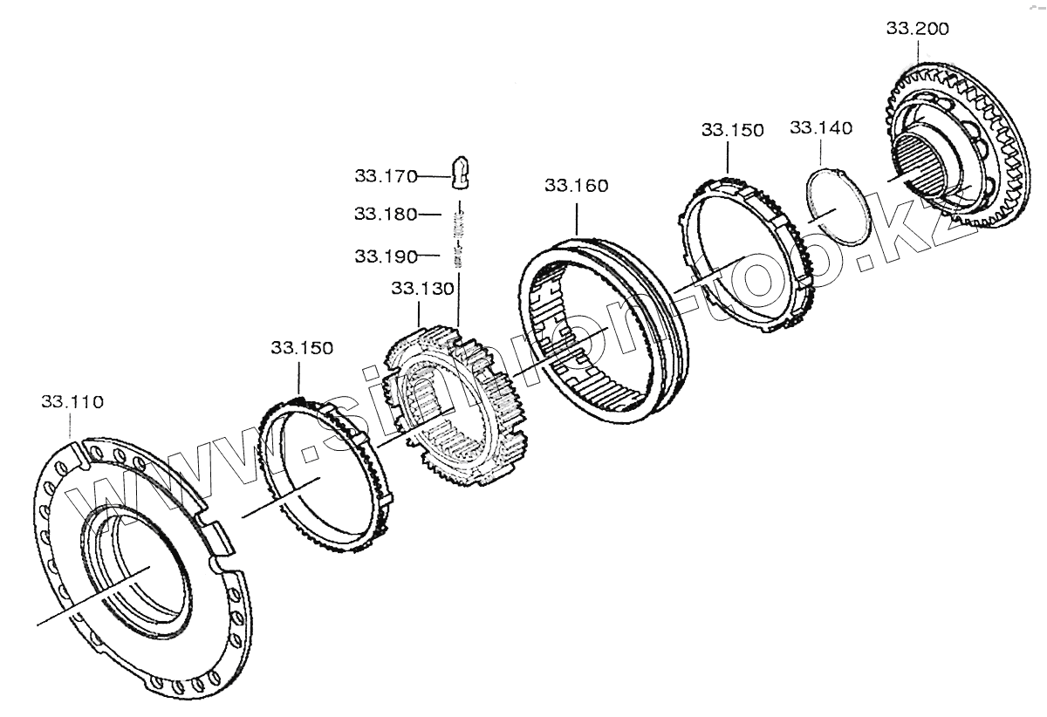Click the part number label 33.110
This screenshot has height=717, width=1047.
pyautogui.click(x=72, y=401)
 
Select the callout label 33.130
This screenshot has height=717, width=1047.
pyautogui.click(x=422, y=289)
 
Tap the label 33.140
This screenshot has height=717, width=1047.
pyautogui.click(x=821, y=128)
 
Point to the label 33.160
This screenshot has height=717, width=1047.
pyautogui.click(x=577, y=186)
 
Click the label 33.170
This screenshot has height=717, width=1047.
pyautogui.click(x=386, y=176)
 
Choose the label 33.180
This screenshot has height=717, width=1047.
pyautogui.click(x=386, y=214)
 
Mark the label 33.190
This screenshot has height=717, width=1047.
pyautogui.click(x=386, y=256)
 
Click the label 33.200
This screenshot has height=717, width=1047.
pyautogui.click(x=918, y=29)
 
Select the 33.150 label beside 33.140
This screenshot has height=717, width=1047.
pyautogui.click(x=732, y=130)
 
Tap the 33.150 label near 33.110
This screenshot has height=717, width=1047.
pyautogui.click(x=302, y=348)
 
